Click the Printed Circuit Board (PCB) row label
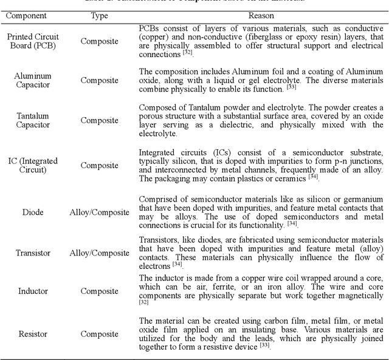(33, 41)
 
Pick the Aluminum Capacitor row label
(33, 80)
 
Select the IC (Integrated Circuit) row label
(33, 165)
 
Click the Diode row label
(33, 212)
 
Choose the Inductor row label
(33, 291)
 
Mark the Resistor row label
(33, 333)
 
